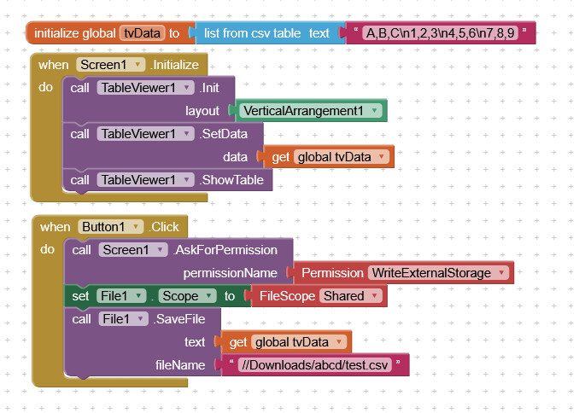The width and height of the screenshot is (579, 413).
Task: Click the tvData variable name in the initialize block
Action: [x=143, y=33]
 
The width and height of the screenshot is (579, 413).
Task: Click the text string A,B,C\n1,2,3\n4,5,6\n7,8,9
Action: [x=439, y=33]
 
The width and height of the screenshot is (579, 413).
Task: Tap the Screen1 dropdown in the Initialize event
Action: [x=108, y=65]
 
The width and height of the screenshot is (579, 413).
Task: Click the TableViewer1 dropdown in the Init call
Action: [x=143, y=88]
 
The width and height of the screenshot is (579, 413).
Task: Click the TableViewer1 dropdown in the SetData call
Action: [x=143, y=134]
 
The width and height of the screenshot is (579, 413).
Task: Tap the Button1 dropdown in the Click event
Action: [x=111, y=227]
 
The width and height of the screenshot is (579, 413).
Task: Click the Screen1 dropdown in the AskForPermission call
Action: [x=132, y=250]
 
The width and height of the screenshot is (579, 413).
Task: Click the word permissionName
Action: [x=230, y=273]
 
